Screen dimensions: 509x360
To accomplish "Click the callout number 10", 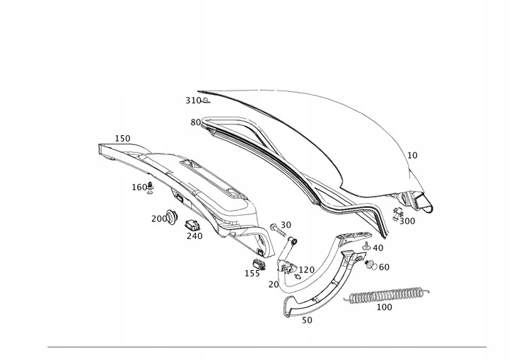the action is [412, 155].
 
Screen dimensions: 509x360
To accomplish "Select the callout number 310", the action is [193, 101].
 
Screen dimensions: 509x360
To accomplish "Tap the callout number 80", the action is [195, 122].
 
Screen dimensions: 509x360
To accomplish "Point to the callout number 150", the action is [122, 139].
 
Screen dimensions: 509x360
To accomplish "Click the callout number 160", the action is [139, 187].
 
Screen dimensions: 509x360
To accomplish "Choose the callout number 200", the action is [159, 219].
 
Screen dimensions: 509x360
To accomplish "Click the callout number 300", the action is [407, 221].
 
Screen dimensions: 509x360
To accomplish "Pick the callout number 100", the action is [384, 308].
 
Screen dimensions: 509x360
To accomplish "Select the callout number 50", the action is [306, 320].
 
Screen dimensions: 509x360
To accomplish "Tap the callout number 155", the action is [252, 273].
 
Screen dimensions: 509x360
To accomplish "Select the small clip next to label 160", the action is [151, 187].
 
